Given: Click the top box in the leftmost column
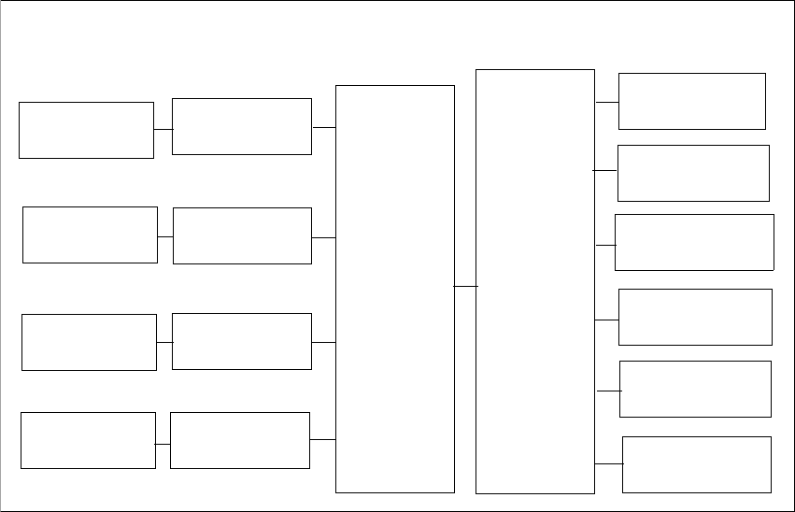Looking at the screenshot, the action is pyautogui.click(x=86, y=130).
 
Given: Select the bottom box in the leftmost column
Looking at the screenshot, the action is pyautogui.click(x=88, y=440).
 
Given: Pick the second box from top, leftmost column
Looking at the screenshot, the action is pyautogui.click(x=90, y=235).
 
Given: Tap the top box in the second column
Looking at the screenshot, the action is pyautogui.click(x=242, y=126).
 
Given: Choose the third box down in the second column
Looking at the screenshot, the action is pyautogui.click(x=241, y=341).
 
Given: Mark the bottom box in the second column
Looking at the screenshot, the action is pyautogui.click(x=240, y=440).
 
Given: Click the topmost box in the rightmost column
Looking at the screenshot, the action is pyautogui.click(x=692, y=101).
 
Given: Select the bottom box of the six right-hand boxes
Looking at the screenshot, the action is pyautogui.click(x=697, y=464).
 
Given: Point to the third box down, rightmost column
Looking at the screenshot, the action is pyautogui.click(x=694, y=242).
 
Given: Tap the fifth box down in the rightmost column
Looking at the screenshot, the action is pyautogui.click(x=695, y=389).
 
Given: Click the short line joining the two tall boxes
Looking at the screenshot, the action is pyautogui.click(x=465, y=286).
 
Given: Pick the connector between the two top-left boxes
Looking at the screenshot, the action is pyautogui.click(x=163, y=129).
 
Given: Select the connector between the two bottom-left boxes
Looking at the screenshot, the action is pyautogui.click(x=163, y=444).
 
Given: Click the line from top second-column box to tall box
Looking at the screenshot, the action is pyautogui.click(x=323, y=127).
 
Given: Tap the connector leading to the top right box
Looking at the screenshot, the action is pyautogui.click(x=606, y=102).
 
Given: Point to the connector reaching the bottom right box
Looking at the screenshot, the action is pyautogui.click(x=608, y=463).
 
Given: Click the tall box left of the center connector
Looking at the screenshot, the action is pyautogui.click(x=395, y=289).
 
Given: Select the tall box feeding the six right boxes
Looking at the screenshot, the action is pyautogui.click(x=535, y=281).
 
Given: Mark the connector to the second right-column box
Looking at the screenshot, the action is pyautogui.click(x=605, y=171).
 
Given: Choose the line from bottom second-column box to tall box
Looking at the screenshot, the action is pyautogui.click(x=322, y=439).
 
